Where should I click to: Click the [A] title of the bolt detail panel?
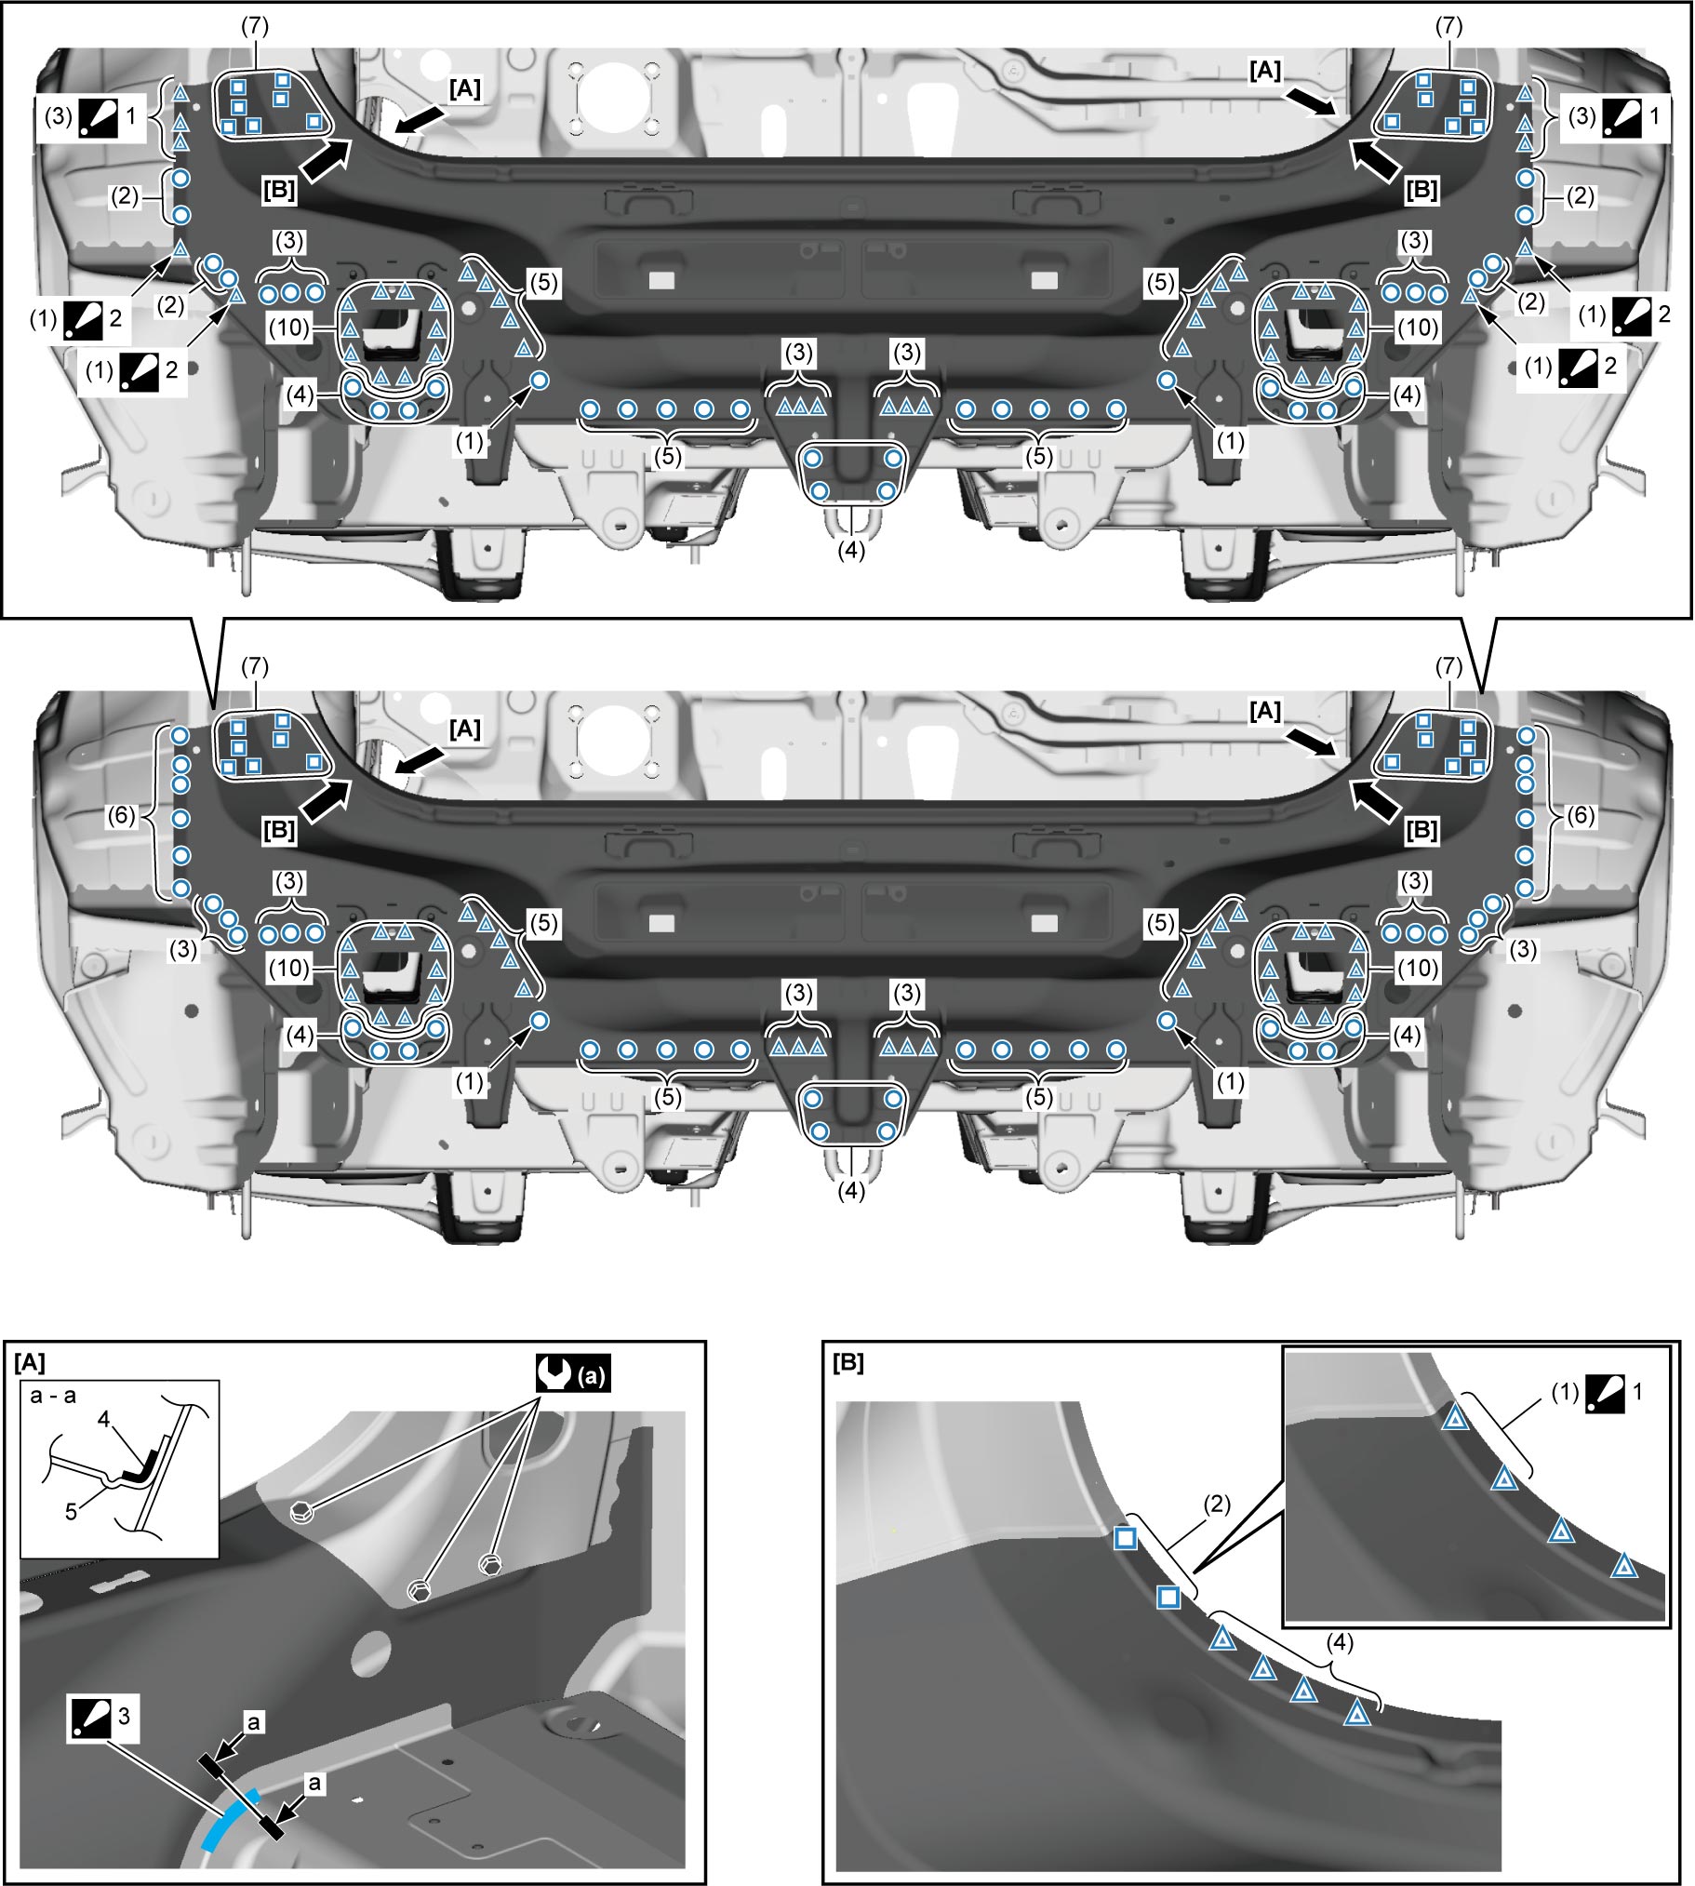pyautogui.click(x=30, y=1362)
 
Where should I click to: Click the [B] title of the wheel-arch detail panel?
pyautogui.click(x=847, y=1362)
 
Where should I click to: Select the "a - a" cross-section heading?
pyautogui.click(x=53, y=1395)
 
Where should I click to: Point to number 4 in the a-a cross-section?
pyautogui.click(x=104, y=1419)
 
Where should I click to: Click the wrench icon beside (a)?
pyautogui.click(x=556, y=1372)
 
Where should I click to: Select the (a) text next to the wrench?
pyautogui.click(x=593, y=1374)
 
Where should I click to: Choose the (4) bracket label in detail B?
pyautogui.click(x=1340, y=1643)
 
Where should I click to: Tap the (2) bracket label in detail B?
pyautogui.click(x=1216, y=1505)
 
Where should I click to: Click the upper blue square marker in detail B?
pyautogui.click(x=1125, y=1538)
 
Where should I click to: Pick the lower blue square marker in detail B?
pyautogui.click(x=1168, y=1598)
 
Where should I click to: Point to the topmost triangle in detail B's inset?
pyautogui.click(x=1455, y=1419)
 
